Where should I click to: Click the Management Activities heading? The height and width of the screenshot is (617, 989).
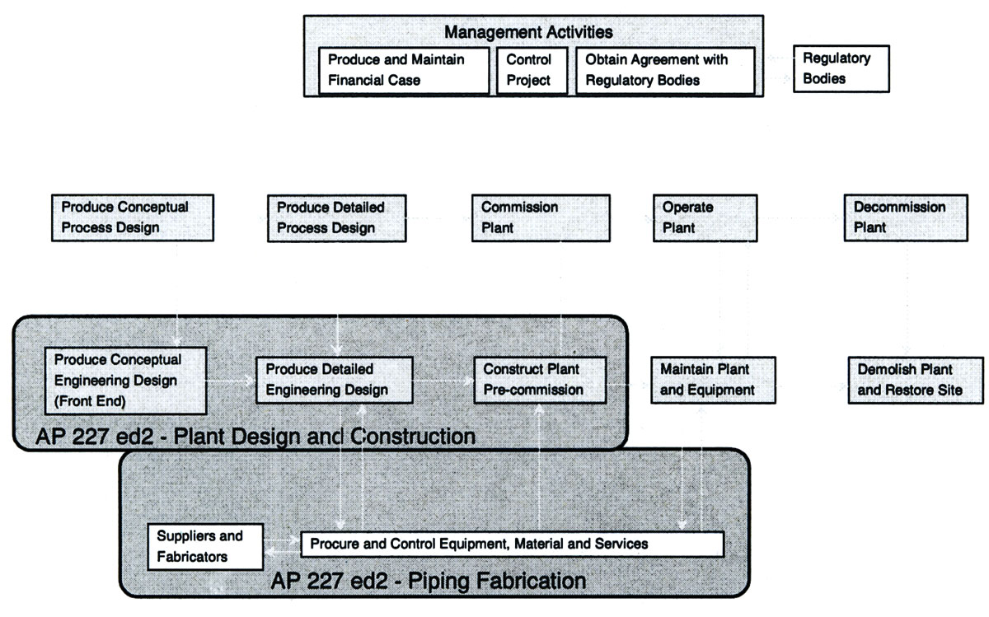coord(528,33)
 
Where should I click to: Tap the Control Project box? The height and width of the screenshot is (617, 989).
coord(528,70)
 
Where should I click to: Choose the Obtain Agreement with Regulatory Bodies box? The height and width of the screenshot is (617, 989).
coord(664,70)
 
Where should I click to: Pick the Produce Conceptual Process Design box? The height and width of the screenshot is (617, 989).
coord(132,217)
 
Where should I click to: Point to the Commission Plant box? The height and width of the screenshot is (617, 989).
coord(541,217)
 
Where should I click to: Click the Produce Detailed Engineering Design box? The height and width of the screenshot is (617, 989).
coord(333,380)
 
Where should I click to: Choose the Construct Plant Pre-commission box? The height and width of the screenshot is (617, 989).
coord(540,380)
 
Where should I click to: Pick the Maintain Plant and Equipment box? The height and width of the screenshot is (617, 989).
coord(713,380)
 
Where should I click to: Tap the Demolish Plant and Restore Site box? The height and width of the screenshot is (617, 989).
coord(916,380)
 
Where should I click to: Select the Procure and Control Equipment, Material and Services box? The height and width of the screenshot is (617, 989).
coord(512,545)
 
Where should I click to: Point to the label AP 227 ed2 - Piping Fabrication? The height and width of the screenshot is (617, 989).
coord(429,581)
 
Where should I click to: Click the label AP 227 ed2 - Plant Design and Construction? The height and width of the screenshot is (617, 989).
coord(255,436)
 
